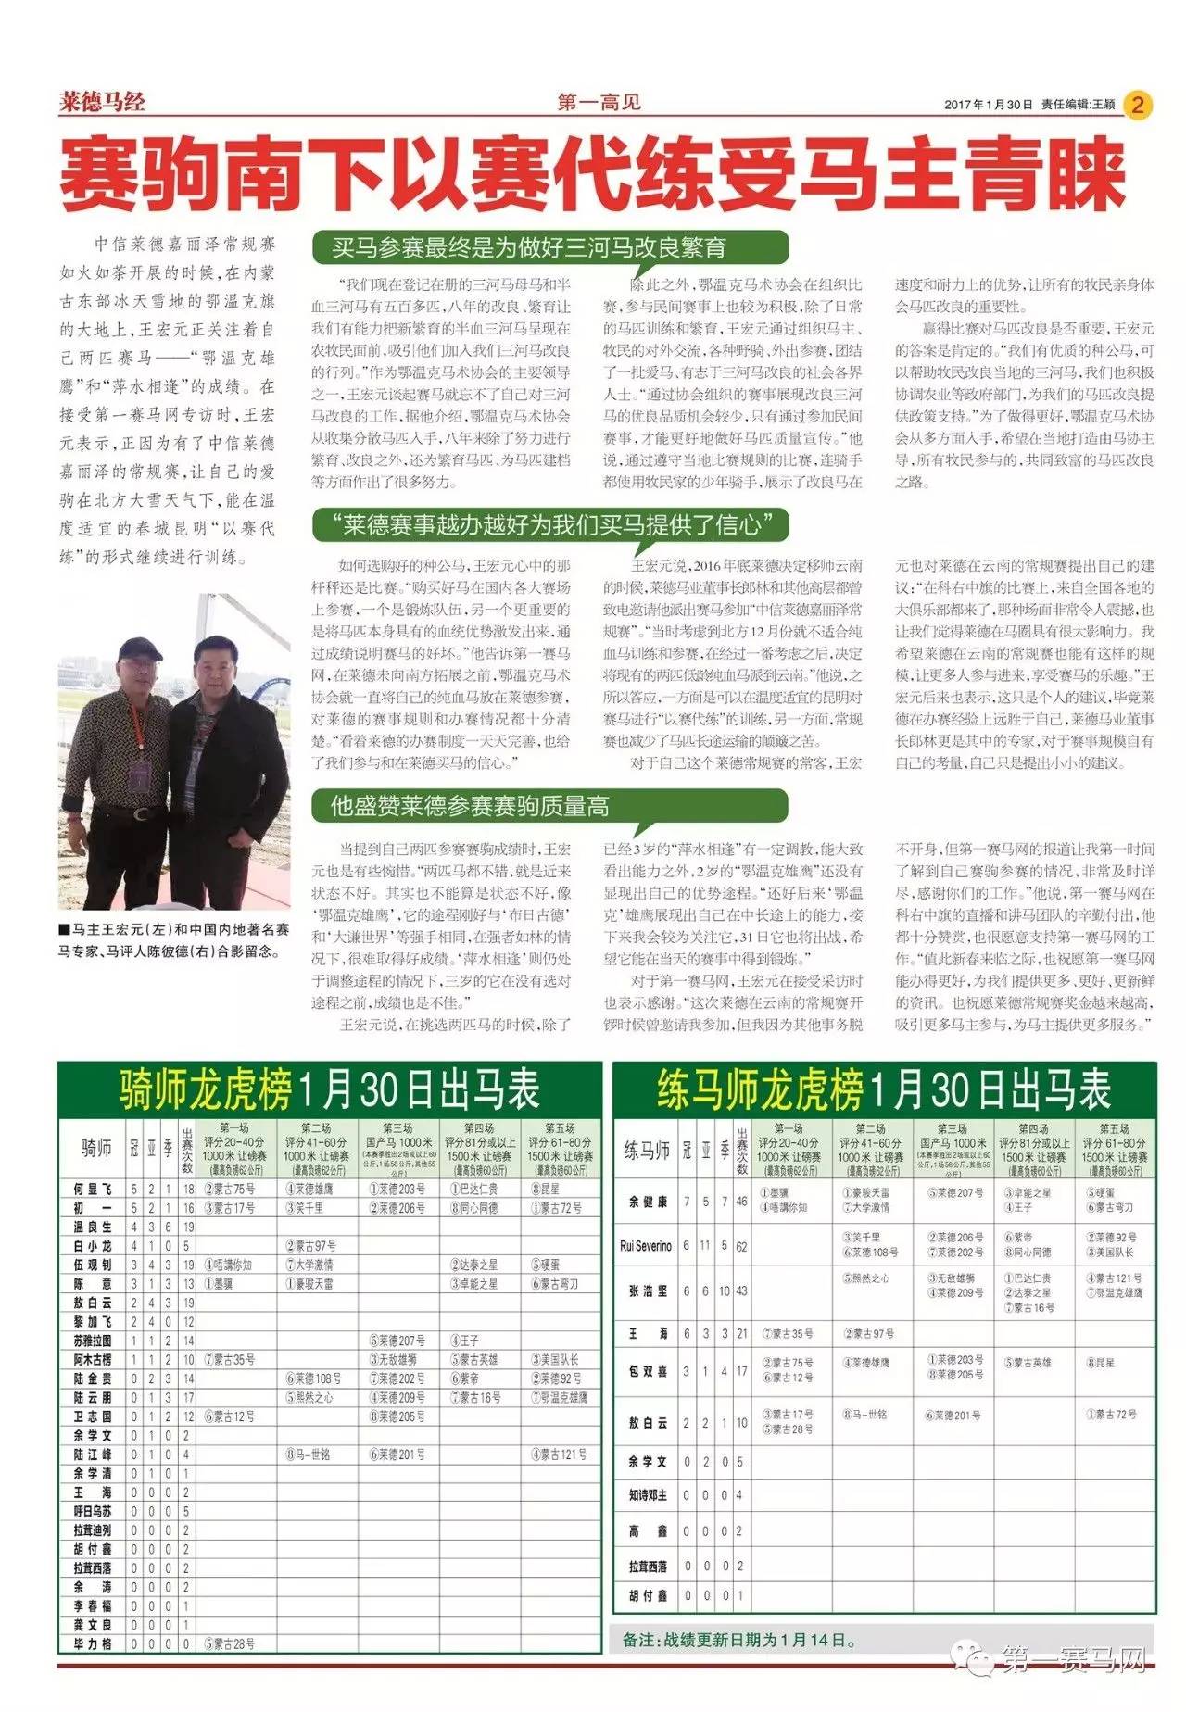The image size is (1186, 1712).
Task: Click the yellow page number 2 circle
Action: pyautogui.click(x=1137, y=105)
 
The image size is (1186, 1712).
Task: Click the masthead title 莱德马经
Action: pyautogui.click(x=102, y=102)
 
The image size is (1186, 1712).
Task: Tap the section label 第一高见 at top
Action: pyautogui.click(x=599, y=103)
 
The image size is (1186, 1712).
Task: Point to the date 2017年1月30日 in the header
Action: pyautogui.click(x=988, y=105)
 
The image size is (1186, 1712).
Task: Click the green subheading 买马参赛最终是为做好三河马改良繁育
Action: pyautogui.click(x=529, y=248)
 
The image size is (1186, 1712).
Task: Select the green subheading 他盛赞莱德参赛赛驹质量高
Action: pyautogui.click(x=471, y=806)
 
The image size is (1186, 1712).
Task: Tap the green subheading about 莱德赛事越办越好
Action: pyautogui.click(x=551, y=526)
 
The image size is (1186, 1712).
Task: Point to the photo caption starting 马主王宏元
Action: pyautogui.click(x=173, y=938)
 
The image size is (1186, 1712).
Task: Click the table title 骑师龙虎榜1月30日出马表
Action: pyautogui.click(x=329, y=1090)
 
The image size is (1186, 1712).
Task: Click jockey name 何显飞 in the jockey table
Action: pyautogui.click(x=93, y=1189)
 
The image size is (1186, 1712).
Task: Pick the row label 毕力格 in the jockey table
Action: pyautogui.click(x=93, y=1643)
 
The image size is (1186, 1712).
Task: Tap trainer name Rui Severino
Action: pyautogui.click(x=646, y=1246)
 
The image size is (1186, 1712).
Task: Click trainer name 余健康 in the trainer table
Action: pyautogui.click(x=648, y=1201)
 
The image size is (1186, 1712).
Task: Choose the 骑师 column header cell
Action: pyautogui.click(x=96, y=1149)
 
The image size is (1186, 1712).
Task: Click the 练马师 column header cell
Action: pyautogui.click(x=646, y=1152)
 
